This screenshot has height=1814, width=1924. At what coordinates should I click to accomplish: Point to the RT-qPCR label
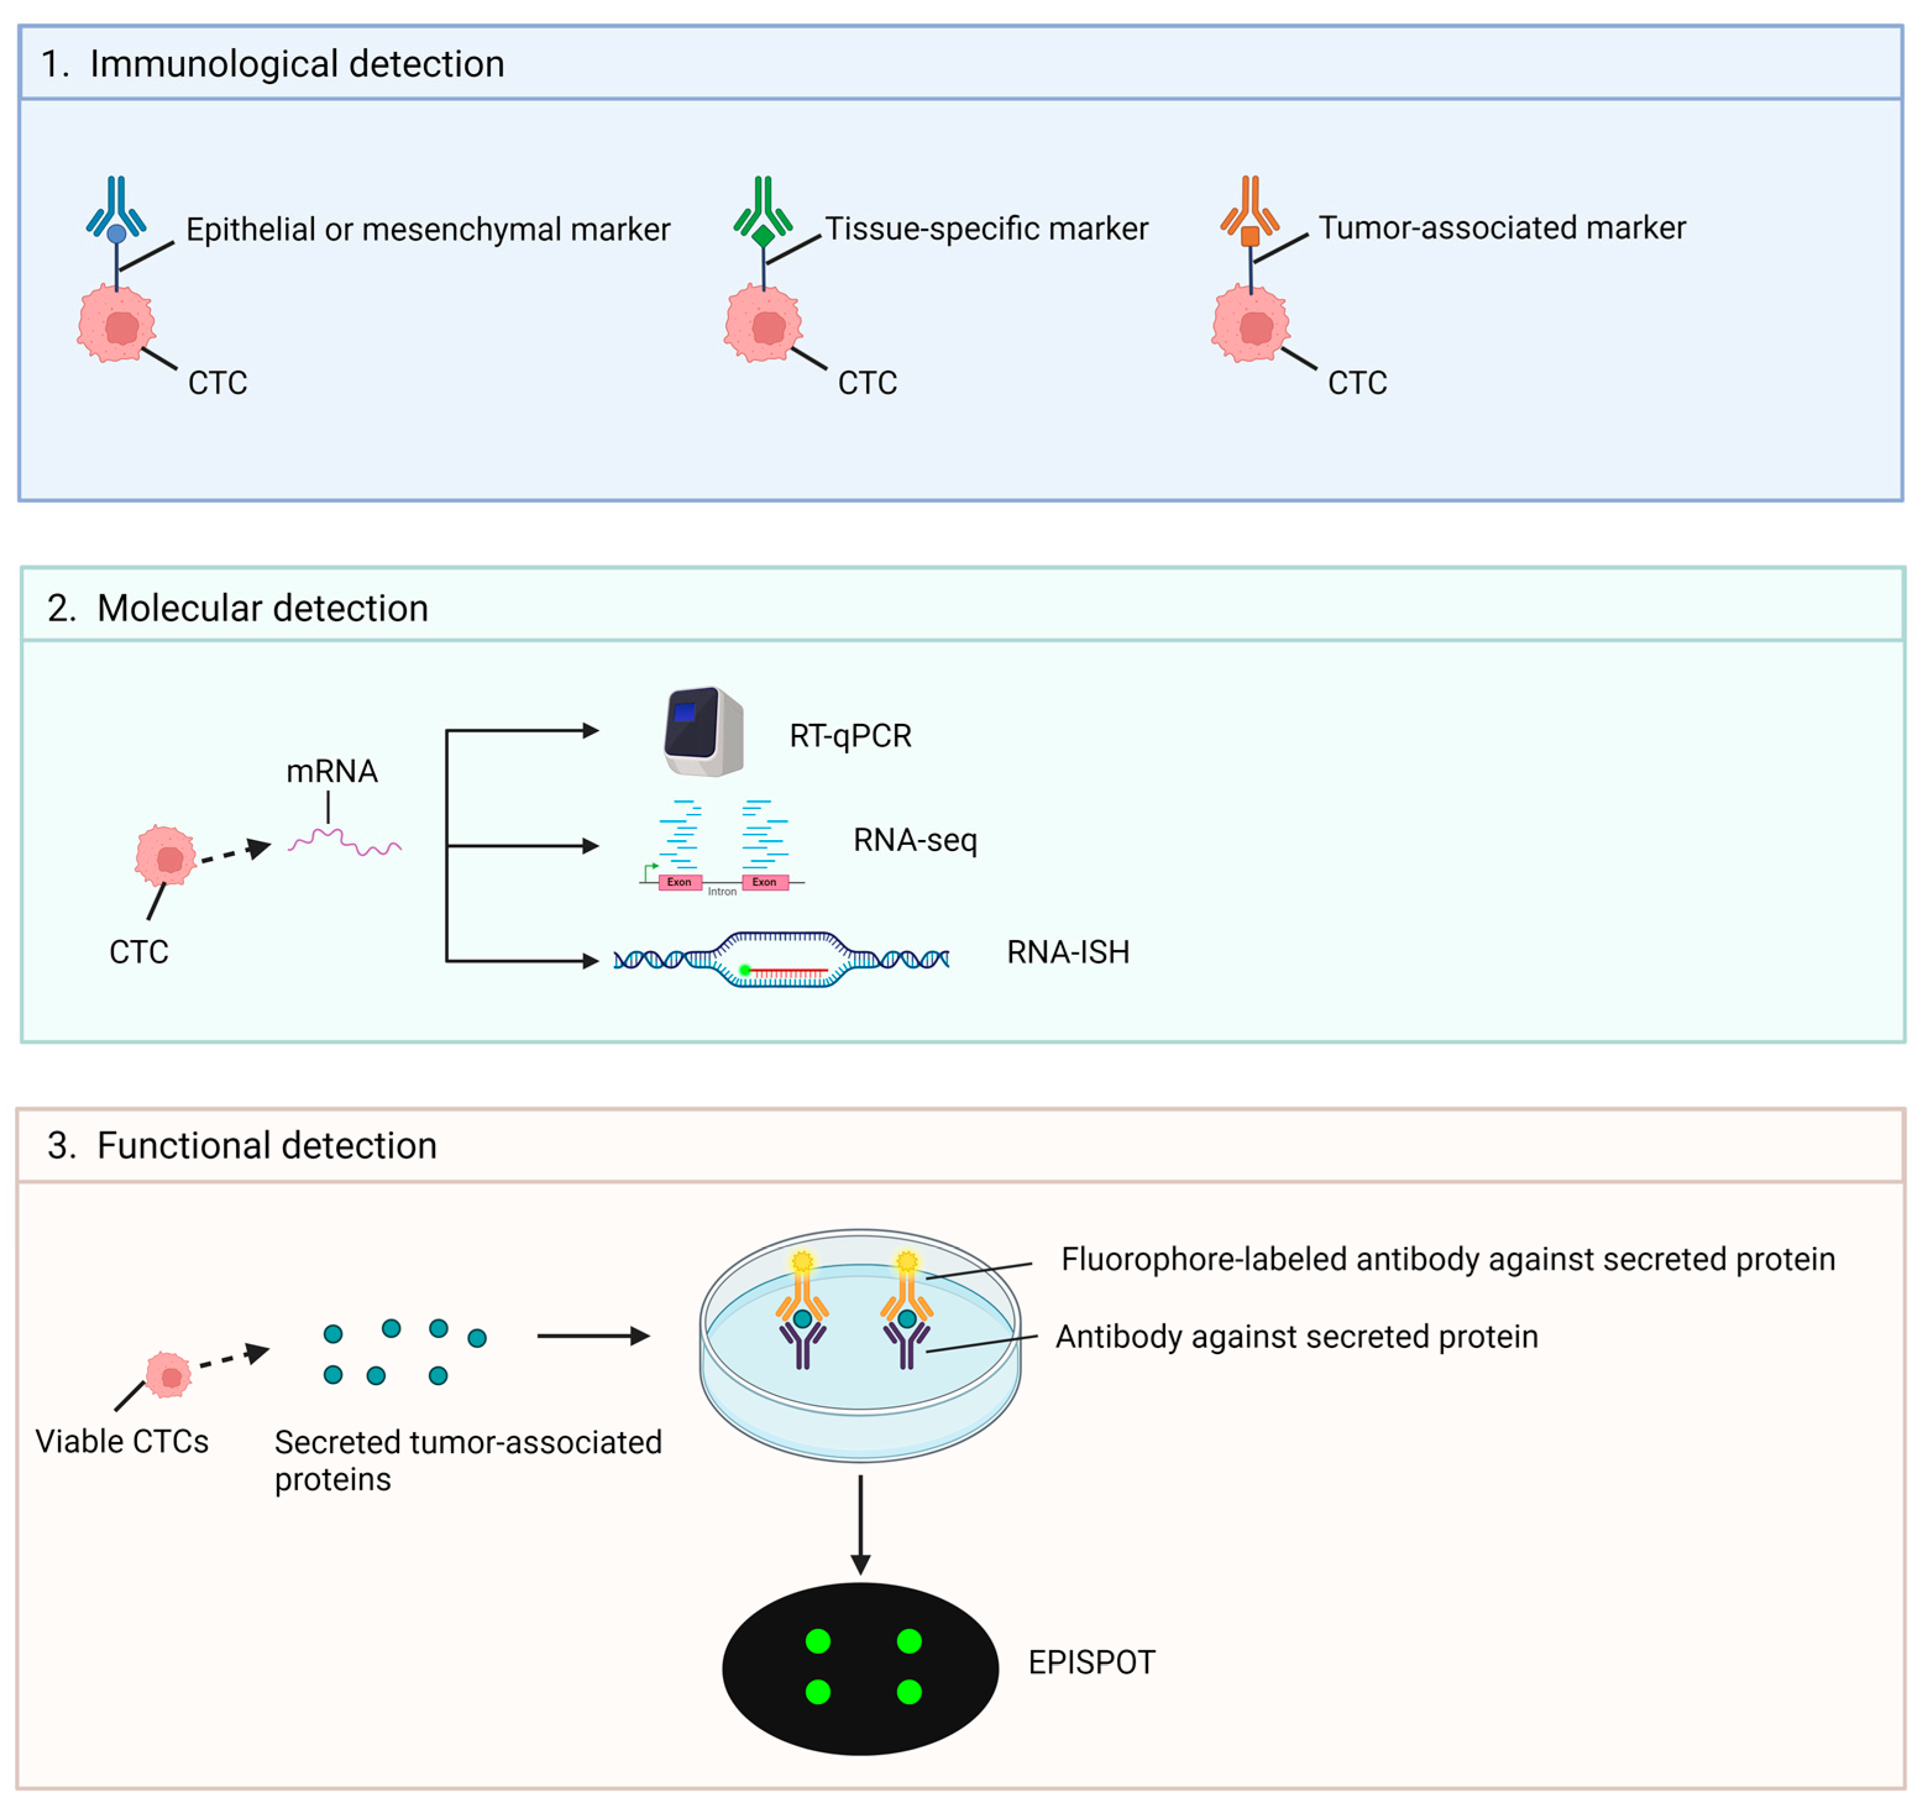[850, 735]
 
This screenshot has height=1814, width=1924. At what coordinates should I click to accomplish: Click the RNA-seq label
[914, 839]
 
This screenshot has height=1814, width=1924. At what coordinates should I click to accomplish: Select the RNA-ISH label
[1068, 952]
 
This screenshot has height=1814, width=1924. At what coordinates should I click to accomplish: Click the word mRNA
[331, 771]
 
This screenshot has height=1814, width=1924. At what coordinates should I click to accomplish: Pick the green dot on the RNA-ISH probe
[745, 969]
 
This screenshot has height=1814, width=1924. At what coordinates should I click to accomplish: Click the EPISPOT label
[1091, 1662]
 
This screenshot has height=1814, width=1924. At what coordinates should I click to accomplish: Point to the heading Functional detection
[266, 1145]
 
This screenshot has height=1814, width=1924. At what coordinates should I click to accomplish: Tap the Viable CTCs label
[122, 1441]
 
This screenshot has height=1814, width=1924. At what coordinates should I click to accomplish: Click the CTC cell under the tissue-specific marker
[762, 323]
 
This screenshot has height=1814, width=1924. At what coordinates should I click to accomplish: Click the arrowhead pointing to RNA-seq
[589, 846]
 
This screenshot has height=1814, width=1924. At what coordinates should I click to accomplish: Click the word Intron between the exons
[722, 891]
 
